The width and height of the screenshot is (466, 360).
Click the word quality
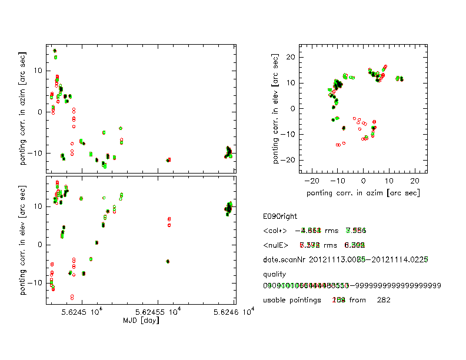(x=274, y=274)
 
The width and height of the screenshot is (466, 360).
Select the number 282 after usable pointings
(x=384, y=300)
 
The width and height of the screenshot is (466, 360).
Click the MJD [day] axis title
(x=140, y=321)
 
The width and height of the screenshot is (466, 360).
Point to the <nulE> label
(x=276, y=244)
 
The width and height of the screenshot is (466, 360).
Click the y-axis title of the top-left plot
(x=23, y=109)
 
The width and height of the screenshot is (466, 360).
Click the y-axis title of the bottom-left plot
(x=23, y=239)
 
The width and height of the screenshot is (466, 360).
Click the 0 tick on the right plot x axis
(x=364, y=182)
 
